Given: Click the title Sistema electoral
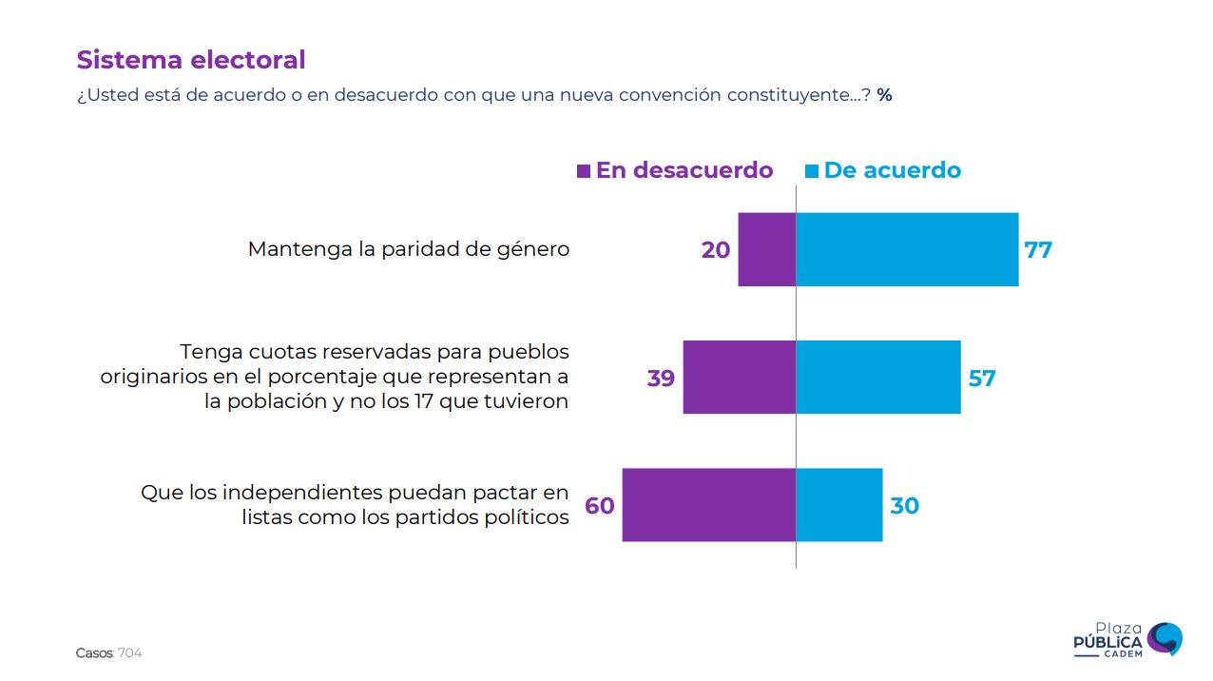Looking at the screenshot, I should click(191, 60).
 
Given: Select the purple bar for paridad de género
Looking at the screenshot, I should click(766, 249).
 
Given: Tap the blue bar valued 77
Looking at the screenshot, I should click(907, 249).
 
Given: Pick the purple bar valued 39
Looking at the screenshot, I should click(739, 377).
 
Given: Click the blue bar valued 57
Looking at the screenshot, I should click(877, 377).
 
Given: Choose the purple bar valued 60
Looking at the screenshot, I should click(708, 505).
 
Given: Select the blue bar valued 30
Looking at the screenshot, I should click(838, 505).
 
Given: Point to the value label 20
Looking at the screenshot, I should click(716, 250).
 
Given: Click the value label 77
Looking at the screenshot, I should click(1038, 250).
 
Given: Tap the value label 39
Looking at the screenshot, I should click(661, 379).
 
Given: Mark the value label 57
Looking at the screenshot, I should click(982, 379).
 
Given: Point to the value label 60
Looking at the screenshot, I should click(600, 506).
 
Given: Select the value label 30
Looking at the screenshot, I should click(904, 506).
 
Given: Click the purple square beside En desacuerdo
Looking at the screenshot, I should click(584, 171).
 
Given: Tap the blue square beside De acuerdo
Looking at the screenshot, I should click(812, 171).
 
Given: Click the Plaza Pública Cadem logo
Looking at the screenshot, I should click(1127, 639).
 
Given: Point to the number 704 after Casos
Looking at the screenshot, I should click(130, 653).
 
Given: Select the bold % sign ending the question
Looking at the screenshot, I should click(884, 95).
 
